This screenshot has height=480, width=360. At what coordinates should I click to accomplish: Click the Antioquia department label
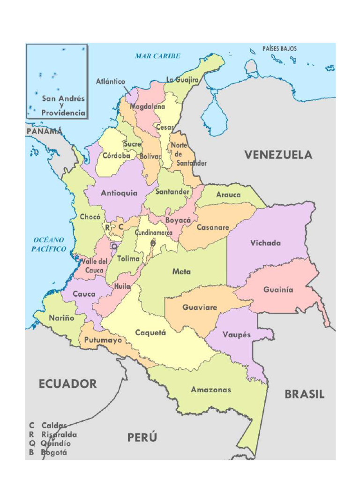coord(119,193)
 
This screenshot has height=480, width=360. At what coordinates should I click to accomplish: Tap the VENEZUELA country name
coord(278,155)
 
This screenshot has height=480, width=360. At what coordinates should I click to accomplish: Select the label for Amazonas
coord(210,390)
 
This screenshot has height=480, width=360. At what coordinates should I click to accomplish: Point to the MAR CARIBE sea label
coord(157,56)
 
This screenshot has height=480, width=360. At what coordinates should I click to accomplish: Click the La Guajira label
coord(182,80)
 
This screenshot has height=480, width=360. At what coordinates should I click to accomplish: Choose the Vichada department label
coord(265,243)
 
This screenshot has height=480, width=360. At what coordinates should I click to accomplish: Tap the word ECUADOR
coord(67,384)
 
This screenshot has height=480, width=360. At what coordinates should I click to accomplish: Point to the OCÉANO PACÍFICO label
coord(49,245)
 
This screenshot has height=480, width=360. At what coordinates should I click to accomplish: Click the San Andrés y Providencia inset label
coord(63,105)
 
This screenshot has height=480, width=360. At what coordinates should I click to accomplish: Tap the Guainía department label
coord(278,290)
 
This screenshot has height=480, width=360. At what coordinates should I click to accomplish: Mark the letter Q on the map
coord(114,246)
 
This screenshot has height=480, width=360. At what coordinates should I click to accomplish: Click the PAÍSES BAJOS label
coord(279,49)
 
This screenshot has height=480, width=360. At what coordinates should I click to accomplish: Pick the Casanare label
coord(212,227)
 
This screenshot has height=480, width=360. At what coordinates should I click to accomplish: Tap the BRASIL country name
coord(304,395)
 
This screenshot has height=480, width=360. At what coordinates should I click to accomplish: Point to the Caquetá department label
coord(150,332)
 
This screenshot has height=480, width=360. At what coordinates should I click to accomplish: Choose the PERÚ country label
coord(142,438)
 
